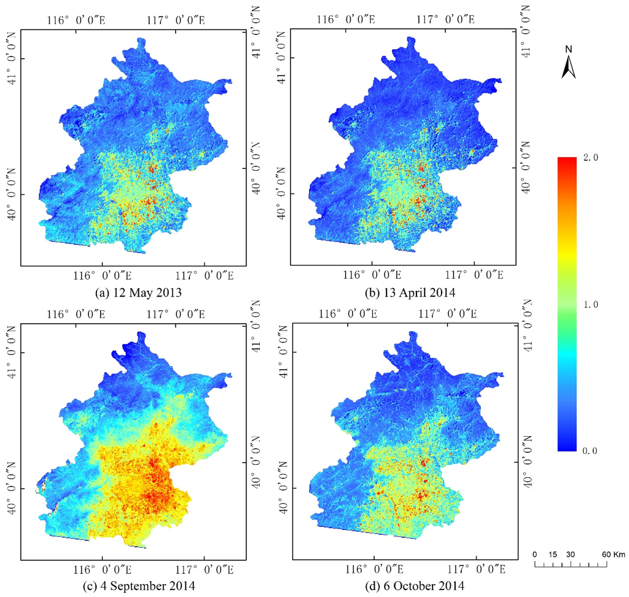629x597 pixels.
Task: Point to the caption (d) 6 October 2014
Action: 403,586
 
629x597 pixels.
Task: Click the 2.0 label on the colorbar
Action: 590,158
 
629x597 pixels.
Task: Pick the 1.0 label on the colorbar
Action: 590,305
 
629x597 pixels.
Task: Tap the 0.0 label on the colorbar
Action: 590,451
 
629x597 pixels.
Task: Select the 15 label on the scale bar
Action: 553,555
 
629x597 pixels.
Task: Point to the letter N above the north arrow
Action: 568,49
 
